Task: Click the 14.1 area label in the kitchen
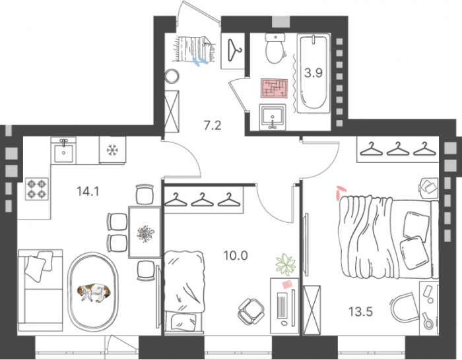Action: pyautogui.click(x=88, y=193)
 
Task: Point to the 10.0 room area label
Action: pyautogui.click(x=234, y=255)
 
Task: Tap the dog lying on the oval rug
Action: pyautogui.click(x=95, y=292)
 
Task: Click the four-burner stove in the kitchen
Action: pyautogui.click(x=38, y=190)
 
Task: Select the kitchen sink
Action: pyautogui.click(x=64, y=151)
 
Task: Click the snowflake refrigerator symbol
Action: pyautogui.click(x=112, y=150)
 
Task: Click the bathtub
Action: pyautogui.click(x=310, y=73)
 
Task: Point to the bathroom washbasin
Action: pyautogui.click(x=273, y=118)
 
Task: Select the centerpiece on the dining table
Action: pyautogui.click(x=144, y=233)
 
